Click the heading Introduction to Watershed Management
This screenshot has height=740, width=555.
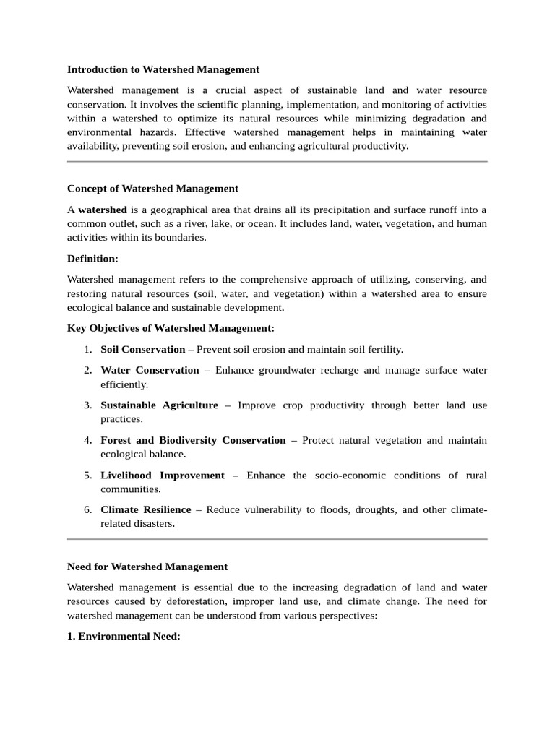click(x=163, y=70)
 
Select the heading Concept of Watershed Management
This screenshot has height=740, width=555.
click(x=152, y=189)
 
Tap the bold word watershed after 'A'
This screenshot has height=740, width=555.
click(x=103, y=210)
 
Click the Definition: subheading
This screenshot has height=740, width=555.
click(x=92, y=258)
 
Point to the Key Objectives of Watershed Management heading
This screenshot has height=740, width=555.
click(x=171, y=328)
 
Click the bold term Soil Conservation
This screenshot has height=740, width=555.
click(x=142, y=349)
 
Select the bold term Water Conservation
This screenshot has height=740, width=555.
click(x=150, y=370)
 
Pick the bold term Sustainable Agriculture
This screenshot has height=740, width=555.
click(x=159, y=405)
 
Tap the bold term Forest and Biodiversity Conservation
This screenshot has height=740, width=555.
click(x=193, y=440)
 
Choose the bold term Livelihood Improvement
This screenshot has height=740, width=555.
click(x=163, y=476)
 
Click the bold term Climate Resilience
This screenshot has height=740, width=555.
click(x=145, y=510)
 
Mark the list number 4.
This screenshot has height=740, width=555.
click(x=87, y=440)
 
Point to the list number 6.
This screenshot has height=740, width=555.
click(x=87, y=510)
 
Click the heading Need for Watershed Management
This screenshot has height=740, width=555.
click(x=147, y=567)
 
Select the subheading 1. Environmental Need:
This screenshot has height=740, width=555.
click(x=124, y=636)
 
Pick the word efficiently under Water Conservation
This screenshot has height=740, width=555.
click(x=124, y=384)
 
